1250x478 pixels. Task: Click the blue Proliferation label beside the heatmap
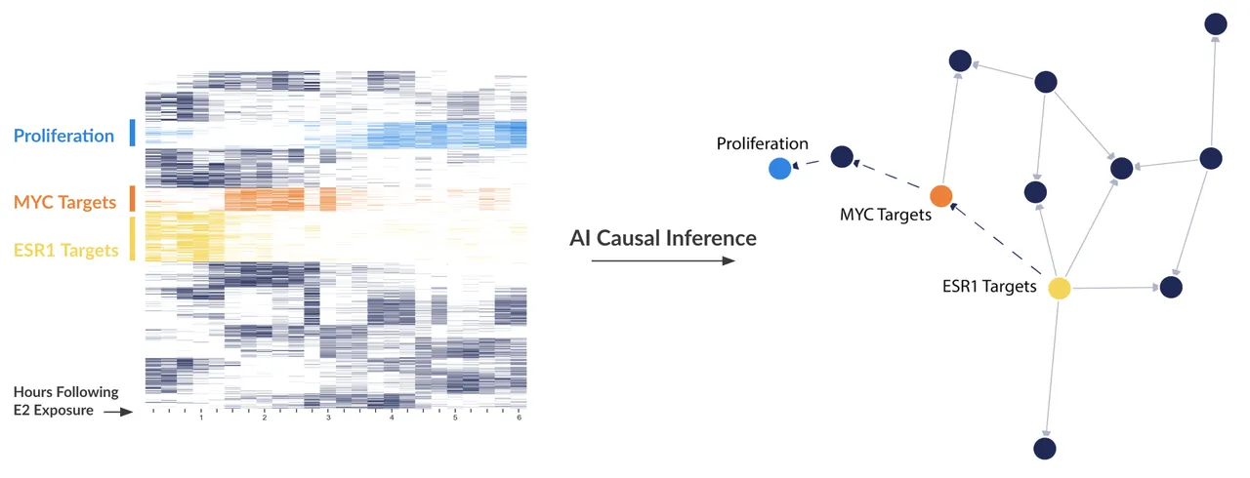tap(63, 136)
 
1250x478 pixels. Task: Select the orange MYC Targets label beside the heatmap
tap(64, 202)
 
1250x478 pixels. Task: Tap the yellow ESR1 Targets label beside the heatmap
tap(65, 250)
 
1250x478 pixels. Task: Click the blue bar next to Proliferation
tap(132, 133)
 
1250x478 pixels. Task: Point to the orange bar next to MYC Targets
tap(132, 199)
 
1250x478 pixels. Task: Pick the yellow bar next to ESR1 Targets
tap(132, 238)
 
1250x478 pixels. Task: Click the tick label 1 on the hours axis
tap(201, 418)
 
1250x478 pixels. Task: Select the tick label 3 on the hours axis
tap(328, 418)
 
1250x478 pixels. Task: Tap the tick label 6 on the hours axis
tap(519, 418)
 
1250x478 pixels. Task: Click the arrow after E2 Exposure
tap(118, 413)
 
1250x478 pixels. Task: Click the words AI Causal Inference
tap(663, 238)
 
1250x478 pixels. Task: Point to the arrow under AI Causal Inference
tap(663, 260)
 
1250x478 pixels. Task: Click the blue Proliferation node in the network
tap(779, 168)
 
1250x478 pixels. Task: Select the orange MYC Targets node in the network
tap(940, 196)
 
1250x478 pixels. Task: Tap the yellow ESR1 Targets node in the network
tap(1060, 288)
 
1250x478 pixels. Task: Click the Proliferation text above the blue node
tap(763, 143)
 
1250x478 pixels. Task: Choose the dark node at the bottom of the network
tap(1045, 449)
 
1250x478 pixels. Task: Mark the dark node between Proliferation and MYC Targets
tap(842, 157)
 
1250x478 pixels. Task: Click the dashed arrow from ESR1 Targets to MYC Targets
tap(996, 239)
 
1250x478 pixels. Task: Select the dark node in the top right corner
tap(1216, 24)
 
